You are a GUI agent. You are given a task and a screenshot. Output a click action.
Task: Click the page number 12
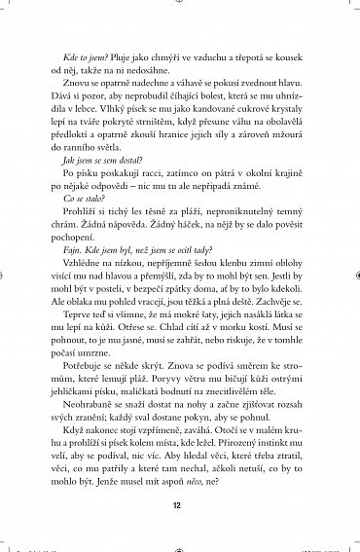click(180, 505)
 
